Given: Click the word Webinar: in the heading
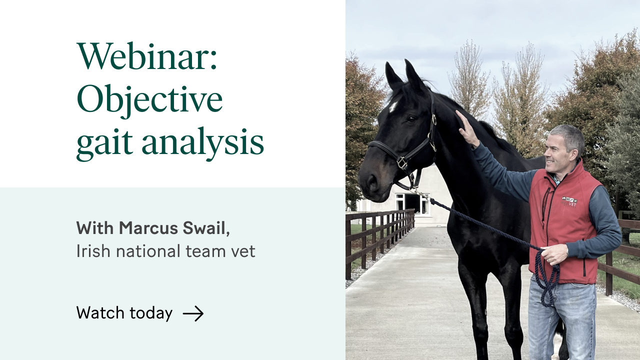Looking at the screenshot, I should pyautogui.click(x=147, y=56).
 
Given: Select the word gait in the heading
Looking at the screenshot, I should pyautogui.click(x=104, y=143).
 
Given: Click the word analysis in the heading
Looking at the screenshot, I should pyautogui.click(x=202, y=143).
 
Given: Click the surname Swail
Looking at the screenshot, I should pyautogui.click(x=206, y=228).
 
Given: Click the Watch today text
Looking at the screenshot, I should pyautogui.click(x=124, y=313).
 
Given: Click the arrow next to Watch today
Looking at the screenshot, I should pyautogui.click(x=193, y=313).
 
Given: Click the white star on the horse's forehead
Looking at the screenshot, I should pyautogui.click(x=393, y=106).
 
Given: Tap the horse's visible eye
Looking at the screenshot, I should pyautogui.click(x=411, y=118).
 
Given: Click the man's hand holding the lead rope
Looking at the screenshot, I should pyautogui.click(x=554, y=254).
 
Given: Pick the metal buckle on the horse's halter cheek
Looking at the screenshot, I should pyautogui.click(x=402, y=162).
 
